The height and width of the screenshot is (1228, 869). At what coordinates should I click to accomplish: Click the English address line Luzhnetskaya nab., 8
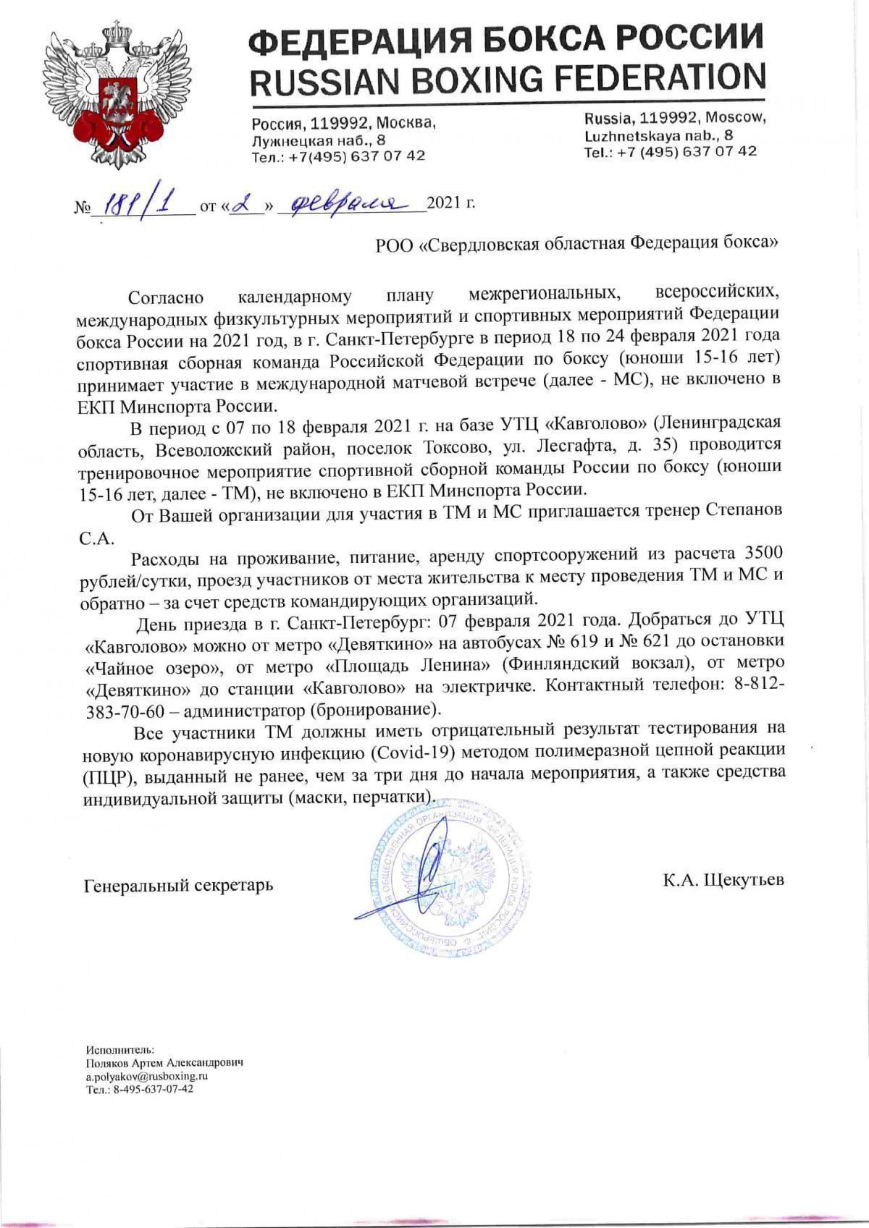click(x=659, y=135)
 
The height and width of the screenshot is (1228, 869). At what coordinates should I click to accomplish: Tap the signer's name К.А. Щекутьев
click(x=722, y=881)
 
